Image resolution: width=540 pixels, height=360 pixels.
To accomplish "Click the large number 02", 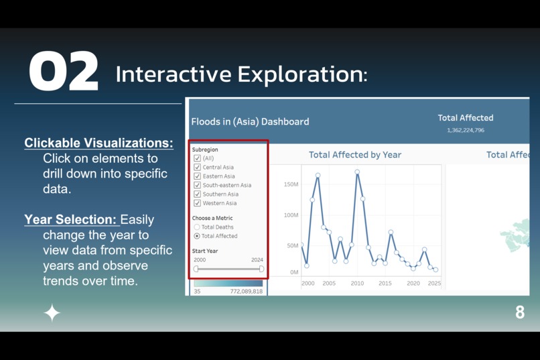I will [x=64, y=71].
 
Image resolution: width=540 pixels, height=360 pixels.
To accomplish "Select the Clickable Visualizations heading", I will [x=98, y=143].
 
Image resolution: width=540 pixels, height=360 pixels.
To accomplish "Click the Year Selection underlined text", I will [x=72, y=219].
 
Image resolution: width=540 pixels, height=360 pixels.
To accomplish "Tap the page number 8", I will [x=520, y=312].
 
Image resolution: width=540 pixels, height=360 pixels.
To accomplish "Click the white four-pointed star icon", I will [x=52, y=312].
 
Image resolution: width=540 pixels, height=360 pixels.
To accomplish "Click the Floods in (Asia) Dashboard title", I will [x=250, y=121].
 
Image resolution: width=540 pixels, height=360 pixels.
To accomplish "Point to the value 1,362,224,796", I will [x=466, y=130].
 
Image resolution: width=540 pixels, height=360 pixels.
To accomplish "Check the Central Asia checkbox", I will [x=197, y=167].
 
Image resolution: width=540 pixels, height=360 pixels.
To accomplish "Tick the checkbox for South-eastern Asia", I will [x=197, y=185].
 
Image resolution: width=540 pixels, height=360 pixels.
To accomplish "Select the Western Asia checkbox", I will [x=197, y=202].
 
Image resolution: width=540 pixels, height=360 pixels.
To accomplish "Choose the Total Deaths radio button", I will [x=197, y=227].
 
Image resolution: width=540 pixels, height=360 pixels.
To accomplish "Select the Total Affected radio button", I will [x=197, y=236].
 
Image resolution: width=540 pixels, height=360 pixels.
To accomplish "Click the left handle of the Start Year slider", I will [x=196, y=269].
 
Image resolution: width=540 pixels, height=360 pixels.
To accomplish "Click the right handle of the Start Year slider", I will [x=261, y=269].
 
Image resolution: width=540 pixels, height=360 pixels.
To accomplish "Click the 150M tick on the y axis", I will [x=291, y=184].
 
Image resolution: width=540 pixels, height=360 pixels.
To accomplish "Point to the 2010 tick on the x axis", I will [x=357, y=283].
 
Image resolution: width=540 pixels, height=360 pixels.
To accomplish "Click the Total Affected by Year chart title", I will [x=354, y=155].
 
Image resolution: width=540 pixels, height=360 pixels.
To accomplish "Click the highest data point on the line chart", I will [x=357, y=172].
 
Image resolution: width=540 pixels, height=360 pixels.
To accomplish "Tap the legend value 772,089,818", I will [x=246, y=292].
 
